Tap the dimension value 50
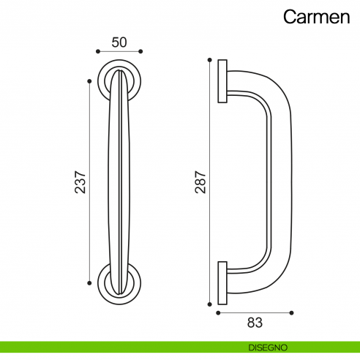pos(119,42)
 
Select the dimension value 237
pos(80,182)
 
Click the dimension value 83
pos(255,321)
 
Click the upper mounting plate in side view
pos(222,80)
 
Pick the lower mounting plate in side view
pos(222,279)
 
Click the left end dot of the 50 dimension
pos(97,52)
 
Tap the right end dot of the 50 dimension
pos(141,52)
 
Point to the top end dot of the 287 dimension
pos(210,59)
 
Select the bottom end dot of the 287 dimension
pos(210,301)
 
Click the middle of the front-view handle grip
pos(119,179)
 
